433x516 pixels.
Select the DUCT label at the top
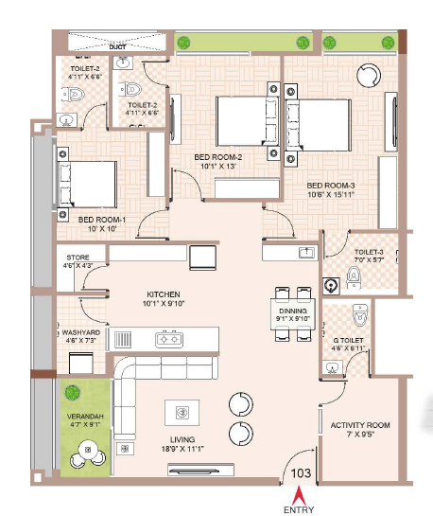118,44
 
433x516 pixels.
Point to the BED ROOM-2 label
218,156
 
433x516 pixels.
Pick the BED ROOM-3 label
331,185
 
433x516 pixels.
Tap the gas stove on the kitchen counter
169,338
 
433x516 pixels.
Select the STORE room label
78,257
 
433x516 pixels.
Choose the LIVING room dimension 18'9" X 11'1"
182,450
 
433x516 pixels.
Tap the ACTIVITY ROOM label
354,425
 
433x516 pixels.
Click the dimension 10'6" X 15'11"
331,196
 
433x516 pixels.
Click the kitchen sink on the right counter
306,253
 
